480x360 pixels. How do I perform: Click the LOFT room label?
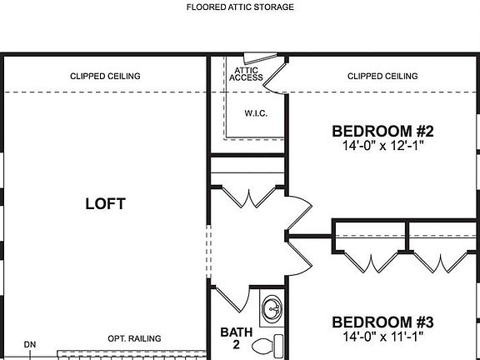click(105, 203)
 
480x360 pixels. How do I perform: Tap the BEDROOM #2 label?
click(383, 131)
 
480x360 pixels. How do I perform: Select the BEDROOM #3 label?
click(383, 322)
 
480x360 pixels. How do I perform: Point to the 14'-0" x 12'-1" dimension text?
click(383, 147)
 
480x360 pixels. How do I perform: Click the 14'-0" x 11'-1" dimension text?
click(383, 337)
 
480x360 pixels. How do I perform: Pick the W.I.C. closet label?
click(255, 113)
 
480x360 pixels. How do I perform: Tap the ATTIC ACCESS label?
click(248, 74)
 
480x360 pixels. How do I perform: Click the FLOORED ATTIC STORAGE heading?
click(240, 7)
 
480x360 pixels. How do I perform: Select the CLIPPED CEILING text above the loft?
click(105, 77)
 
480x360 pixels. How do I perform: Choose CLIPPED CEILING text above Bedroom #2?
click(382, 77)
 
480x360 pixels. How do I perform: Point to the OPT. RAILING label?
click(134, 338)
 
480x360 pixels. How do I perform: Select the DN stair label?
click(30, 344)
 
